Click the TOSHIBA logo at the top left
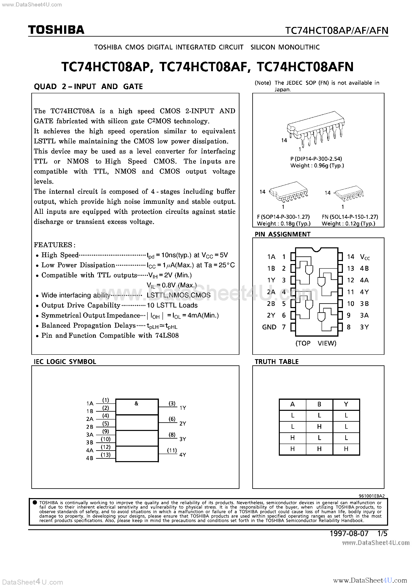(x=56, y=30)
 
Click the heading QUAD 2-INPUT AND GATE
(x=88, y=86)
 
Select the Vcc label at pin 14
(x=365, y=257)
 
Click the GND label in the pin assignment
(x=269, y=327)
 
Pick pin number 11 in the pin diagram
(x=351, y=292)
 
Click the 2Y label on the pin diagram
(x=271, y=315)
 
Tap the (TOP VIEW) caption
(x=316, y=343)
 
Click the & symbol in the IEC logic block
(x=136, y=404)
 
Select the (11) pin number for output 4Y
(x=172, y=450)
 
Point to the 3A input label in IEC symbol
(x=90, y=435)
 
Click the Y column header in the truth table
(x=346, y=404)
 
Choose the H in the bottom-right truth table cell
(x=346, y=449)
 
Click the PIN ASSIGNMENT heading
(x=282, y=234)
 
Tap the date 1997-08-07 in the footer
(x=349, y=534)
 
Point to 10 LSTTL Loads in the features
(x=172, y=305)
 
